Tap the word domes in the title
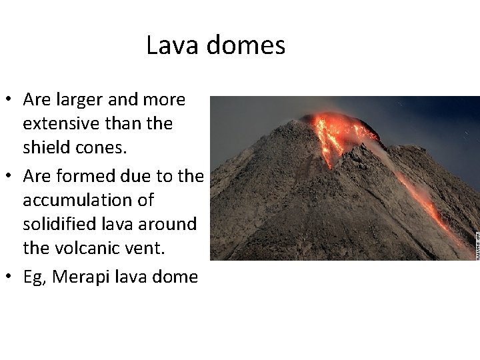click(x=246, y=45)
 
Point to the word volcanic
click(x=94, y=248)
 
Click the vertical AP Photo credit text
click(x=476, y=245)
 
